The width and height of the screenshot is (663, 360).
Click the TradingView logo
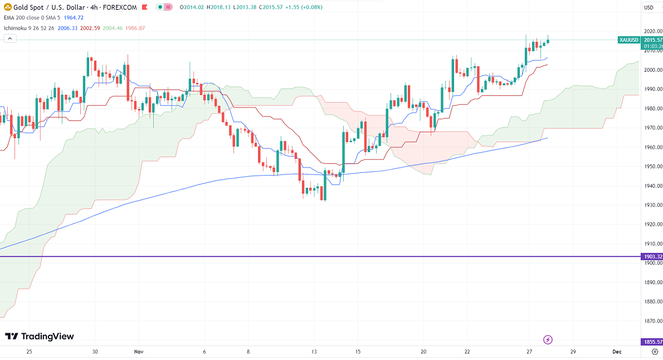[39, 336]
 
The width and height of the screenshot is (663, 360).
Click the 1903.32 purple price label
[652, 256]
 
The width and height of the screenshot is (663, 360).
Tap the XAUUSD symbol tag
[629, 40]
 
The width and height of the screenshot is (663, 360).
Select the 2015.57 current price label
[652, 40]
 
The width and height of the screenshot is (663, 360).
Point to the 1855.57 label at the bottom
[652, 342]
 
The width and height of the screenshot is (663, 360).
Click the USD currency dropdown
[649, 7]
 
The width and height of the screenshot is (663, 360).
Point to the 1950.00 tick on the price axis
[652, 167]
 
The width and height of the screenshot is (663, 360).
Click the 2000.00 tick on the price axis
[652, 70]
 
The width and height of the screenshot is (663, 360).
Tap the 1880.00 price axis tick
[652, 301]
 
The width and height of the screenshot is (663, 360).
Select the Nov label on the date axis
[139, 352]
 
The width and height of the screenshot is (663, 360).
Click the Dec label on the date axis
[617, 352]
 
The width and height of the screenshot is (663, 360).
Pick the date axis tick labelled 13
[314, 352]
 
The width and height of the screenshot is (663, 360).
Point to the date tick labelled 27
[529, 352]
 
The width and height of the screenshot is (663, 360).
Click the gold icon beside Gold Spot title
[7, 7]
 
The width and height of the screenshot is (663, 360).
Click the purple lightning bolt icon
[548, 339]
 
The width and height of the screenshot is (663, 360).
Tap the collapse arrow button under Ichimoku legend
[9, 38]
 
